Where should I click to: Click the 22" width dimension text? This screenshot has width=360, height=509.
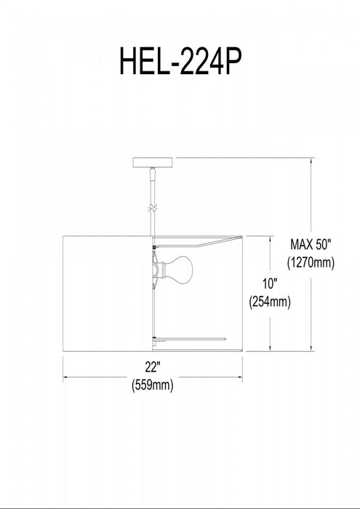[x=152, y=367]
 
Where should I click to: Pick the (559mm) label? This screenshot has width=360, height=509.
[x=152, y=386]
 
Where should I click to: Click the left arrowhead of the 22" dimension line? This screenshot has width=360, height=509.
[x=67, y=377]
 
